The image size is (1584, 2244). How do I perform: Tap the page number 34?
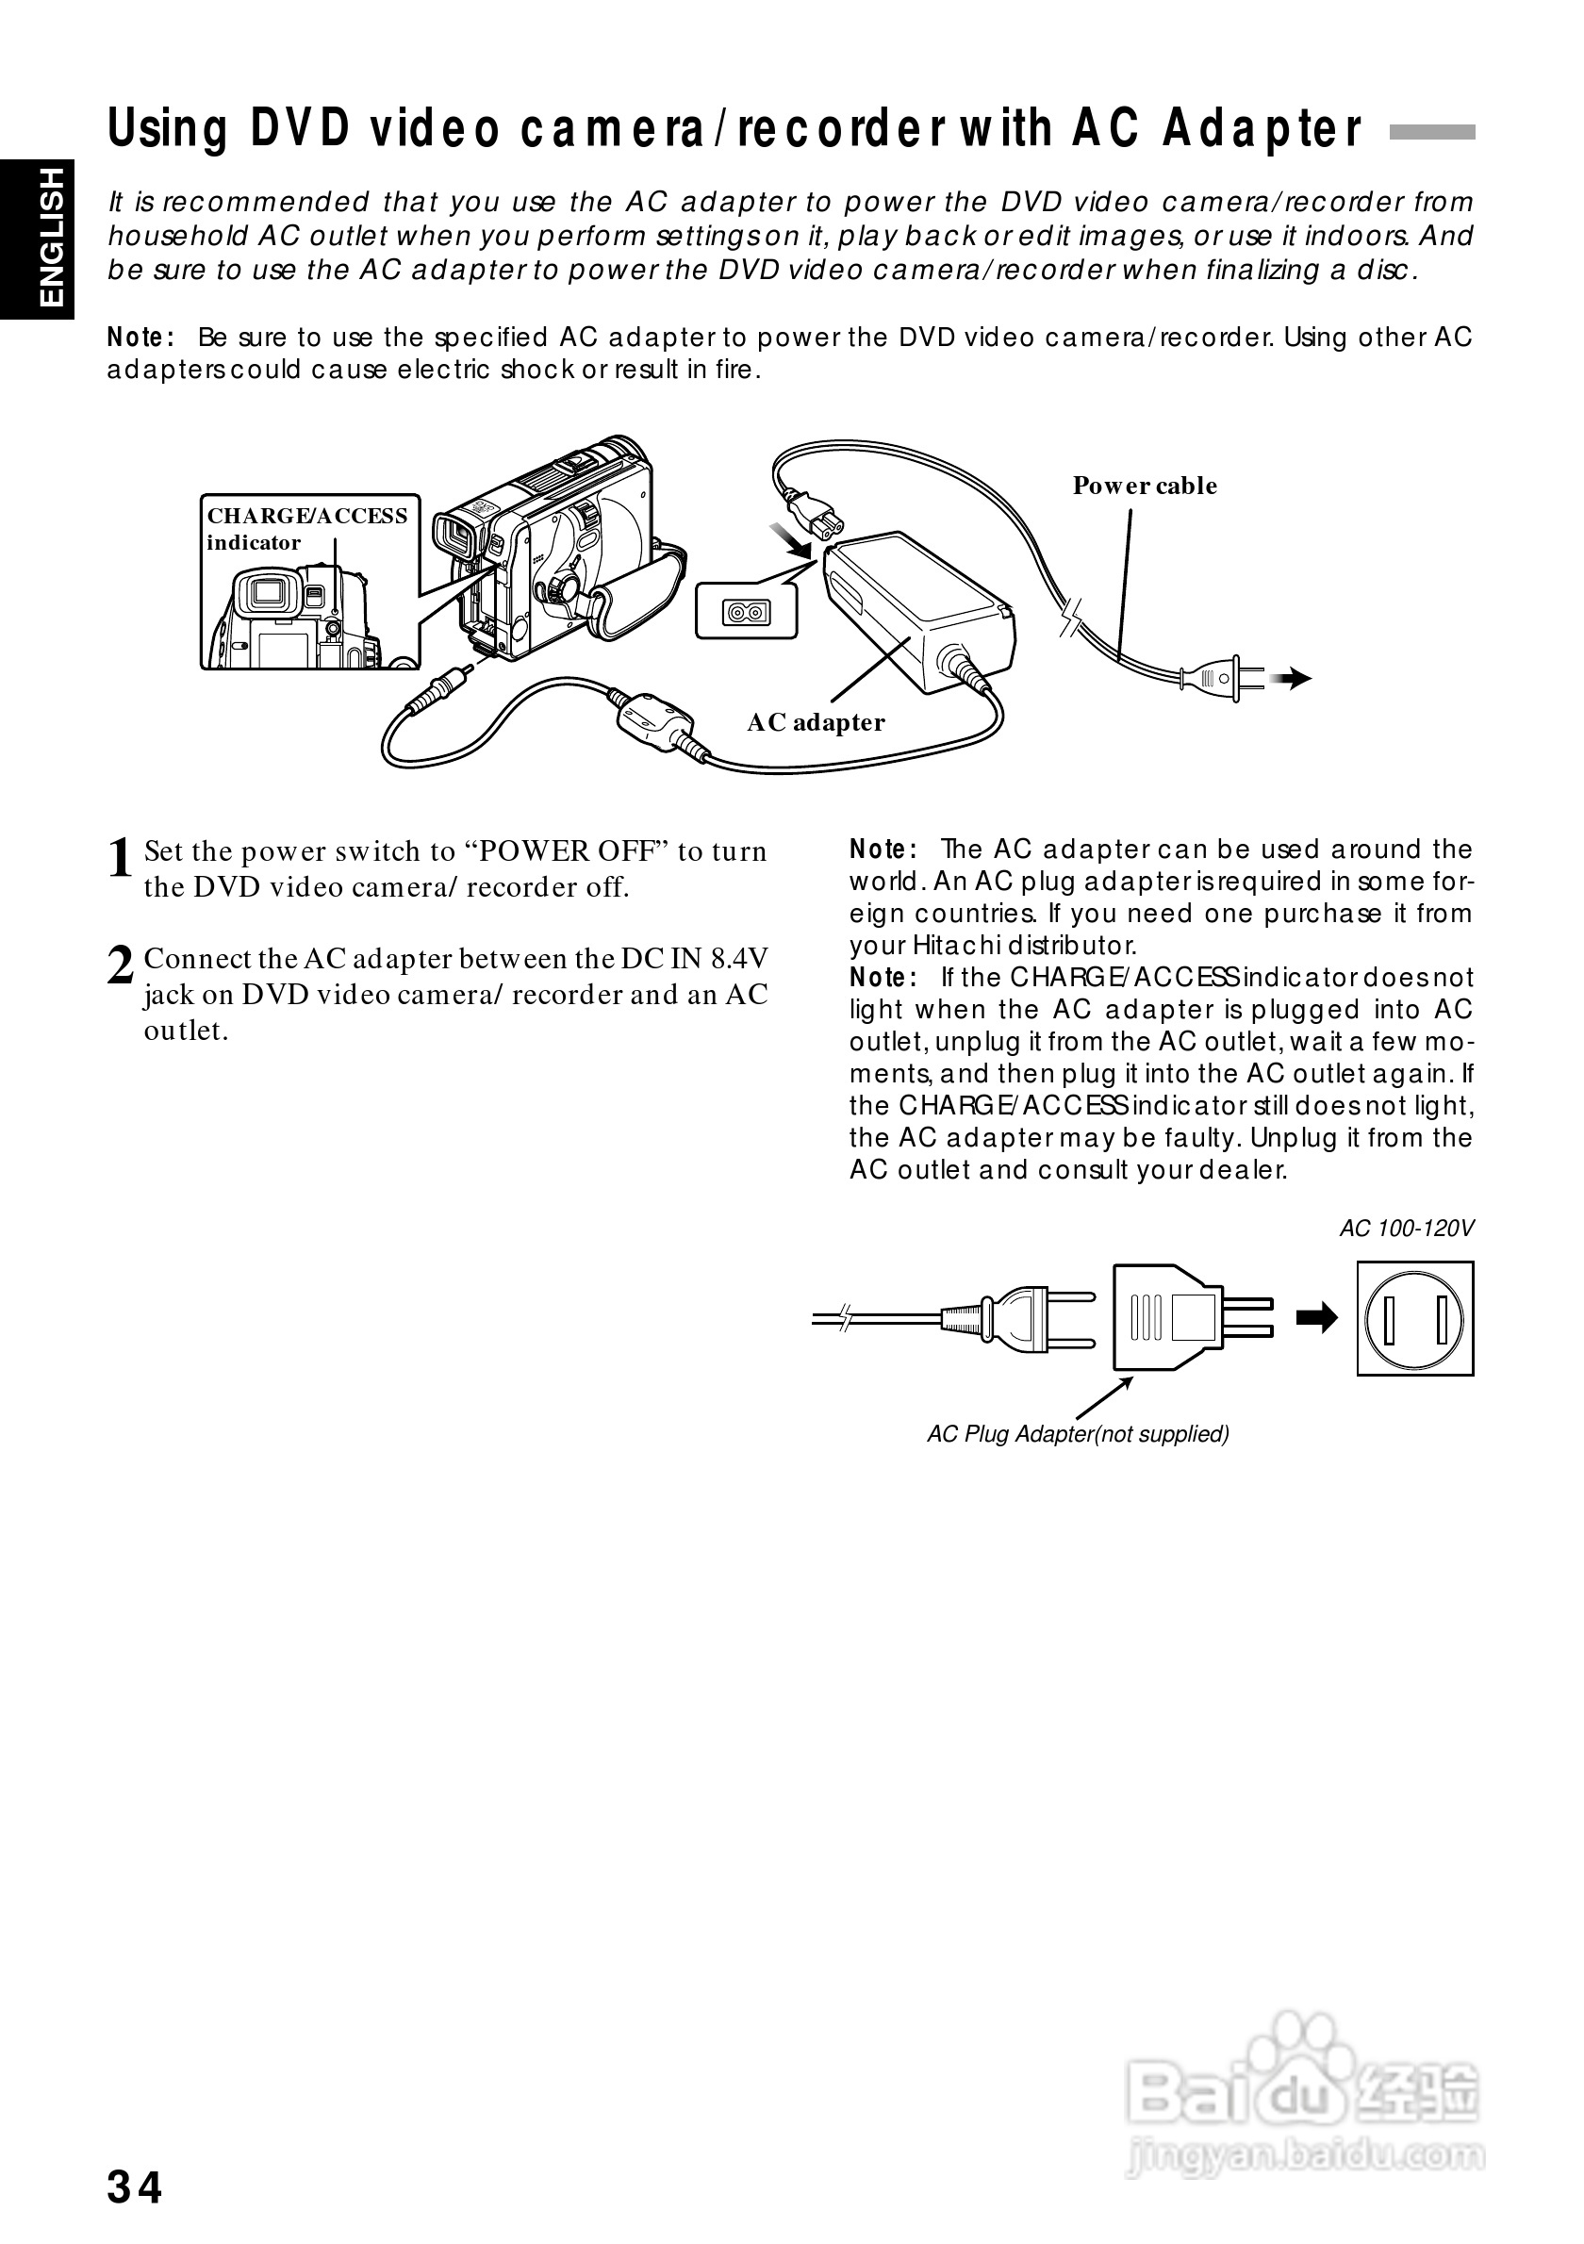pyautogui.click(x=135, y=2187)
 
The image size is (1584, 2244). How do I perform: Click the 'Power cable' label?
pyautogui.click(x=1145, y=486)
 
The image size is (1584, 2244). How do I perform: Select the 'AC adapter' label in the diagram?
pyautogui.click(x=816, y=722)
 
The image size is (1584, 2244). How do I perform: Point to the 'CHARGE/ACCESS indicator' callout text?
pyautogui.click(x=305, y=529)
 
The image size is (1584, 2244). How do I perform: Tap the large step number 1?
pyautogui.click(x=119, y=859)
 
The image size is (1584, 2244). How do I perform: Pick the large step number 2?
pyautogui.click(x=119, y=966)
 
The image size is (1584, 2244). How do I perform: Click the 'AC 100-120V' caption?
pyautogui.click(x=1406, y=1229)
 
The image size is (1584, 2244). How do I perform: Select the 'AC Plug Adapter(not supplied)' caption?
pyautogui.click(x=1078, y=1434)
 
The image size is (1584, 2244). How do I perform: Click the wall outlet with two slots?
pyautogui.click(x=1414, y=1318)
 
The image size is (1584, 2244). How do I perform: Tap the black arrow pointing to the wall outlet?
pyautogui.click(x=1316, y=1318)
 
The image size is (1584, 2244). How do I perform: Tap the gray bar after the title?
pyautogui.click(x=1431, y=133)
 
